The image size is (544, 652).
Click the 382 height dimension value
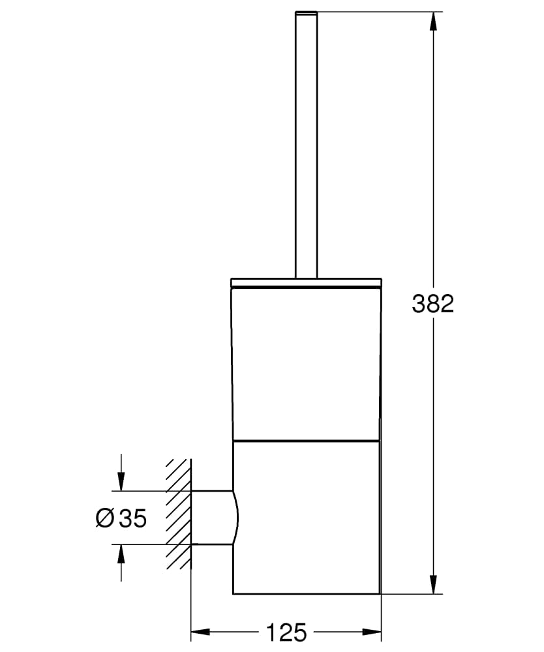432,303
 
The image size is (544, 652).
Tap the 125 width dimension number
286,632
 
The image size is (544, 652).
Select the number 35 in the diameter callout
133,518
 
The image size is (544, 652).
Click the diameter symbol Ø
104,518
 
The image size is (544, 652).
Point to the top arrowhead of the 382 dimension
432,21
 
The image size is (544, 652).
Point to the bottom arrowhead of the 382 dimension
432,584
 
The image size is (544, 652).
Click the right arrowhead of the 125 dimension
372,631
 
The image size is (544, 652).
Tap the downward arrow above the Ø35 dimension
120,481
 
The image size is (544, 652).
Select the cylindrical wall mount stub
212,517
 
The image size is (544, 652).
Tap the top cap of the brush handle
306,12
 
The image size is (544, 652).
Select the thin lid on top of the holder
306,283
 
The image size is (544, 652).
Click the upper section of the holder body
306,362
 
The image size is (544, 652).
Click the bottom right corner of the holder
380,594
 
